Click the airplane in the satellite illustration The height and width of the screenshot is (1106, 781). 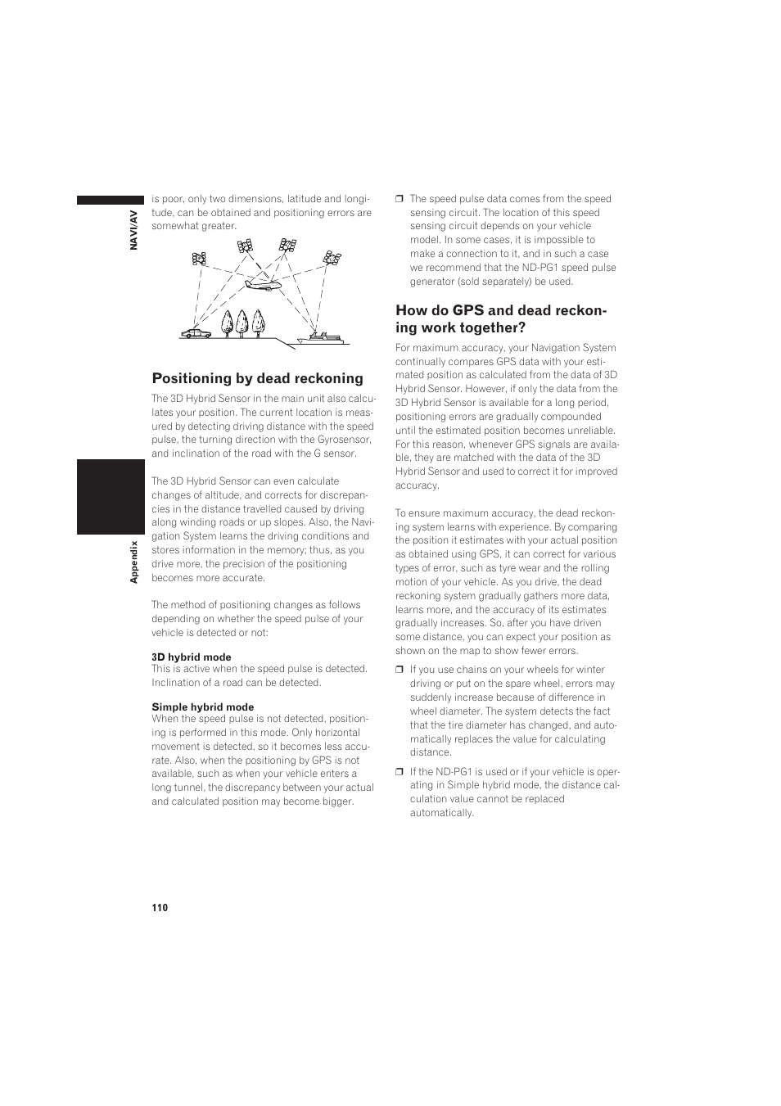[263, 284]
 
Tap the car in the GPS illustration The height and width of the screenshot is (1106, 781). [196, 332]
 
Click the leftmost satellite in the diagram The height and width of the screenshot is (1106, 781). [199, 259]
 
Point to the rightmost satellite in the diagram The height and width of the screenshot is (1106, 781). [332, 257]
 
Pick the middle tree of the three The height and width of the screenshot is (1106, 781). [242, 322]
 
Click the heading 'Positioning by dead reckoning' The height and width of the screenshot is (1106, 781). [257, 378]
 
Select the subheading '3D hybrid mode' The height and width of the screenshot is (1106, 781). [191, 657]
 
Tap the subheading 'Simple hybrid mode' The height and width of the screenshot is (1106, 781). [202, 707]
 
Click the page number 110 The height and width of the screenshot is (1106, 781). [159, 908]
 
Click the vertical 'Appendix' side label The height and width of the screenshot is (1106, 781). [134, 562]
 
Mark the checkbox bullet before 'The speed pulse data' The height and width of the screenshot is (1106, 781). [400, 199]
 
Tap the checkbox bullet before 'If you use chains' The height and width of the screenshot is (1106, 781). [400, 670]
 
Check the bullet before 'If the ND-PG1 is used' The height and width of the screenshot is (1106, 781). [400, 772]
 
